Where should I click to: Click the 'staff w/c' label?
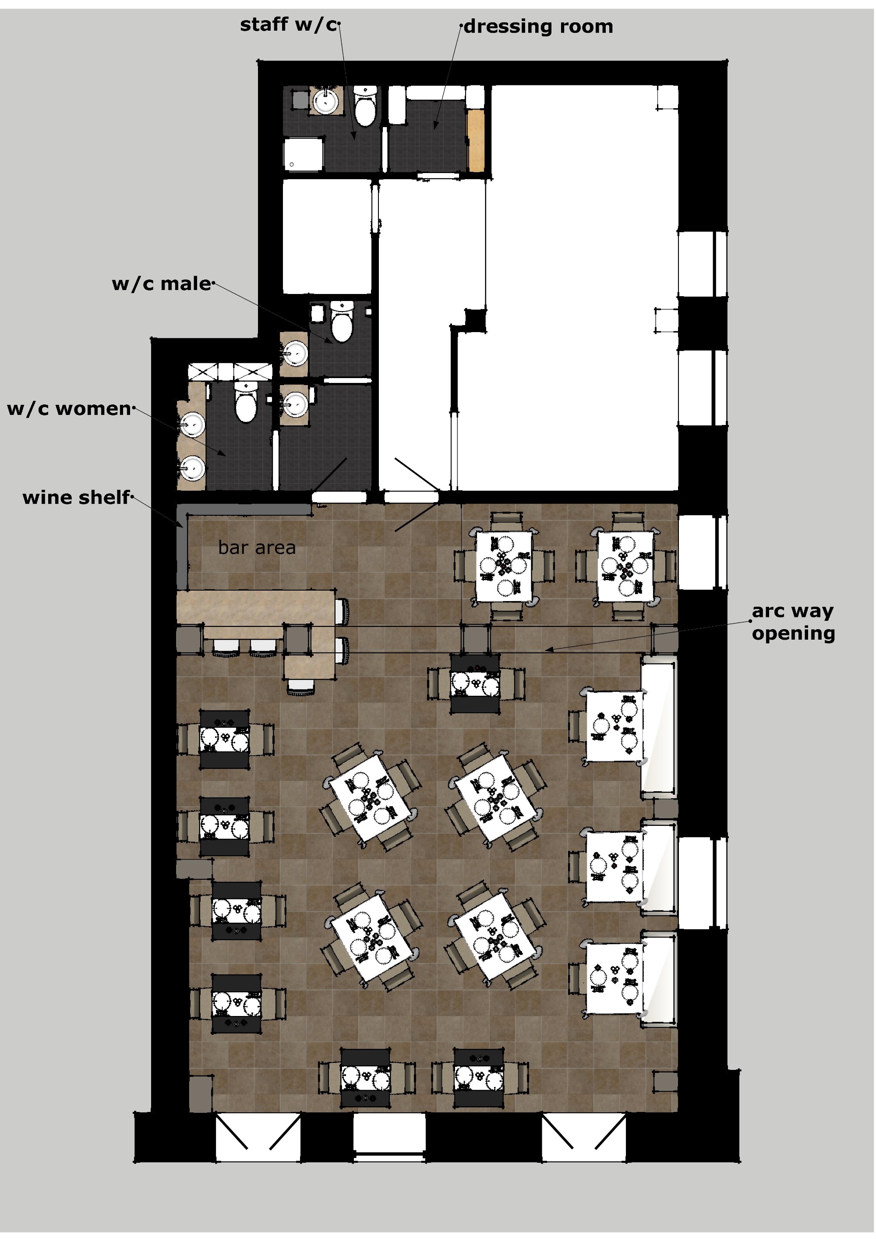pyautogui.click(x=289, y=25)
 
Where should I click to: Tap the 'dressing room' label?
pyautogui.click(x=538, y=26)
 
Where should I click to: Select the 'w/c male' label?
pyautogui.click(x=162, y=284)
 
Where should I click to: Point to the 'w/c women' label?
pyautogui.click(x=69, y=408)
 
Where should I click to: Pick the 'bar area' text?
pyautogui.click(x=257, y=547)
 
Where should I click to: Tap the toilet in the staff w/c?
pyautogui.click(x=365, y=106)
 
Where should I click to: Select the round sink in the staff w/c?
pyautogui.click(x=326, y=100)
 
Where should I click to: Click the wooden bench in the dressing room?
pyautogui.click(x=475, y=140)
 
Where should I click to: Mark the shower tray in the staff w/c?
pyautogui.click(x=303, y=154)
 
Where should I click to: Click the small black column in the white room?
pyautogui.click(x=475, y=319)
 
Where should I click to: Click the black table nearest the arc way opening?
pyautogui.click(x=475, y=684)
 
